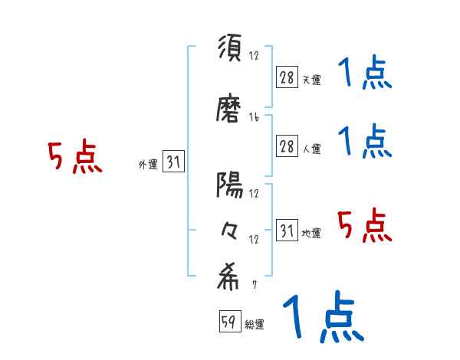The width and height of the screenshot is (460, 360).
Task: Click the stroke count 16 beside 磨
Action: click(x=254, y=117)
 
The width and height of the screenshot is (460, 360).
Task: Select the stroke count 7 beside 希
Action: click(x=254, y=285)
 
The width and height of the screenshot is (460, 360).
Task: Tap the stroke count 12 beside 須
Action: click(x=254, y=55)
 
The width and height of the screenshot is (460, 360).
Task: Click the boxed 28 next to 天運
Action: click(x=287, y=77)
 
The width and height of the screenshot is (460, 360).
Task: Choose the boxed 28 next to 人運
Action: click(x=287, y=147)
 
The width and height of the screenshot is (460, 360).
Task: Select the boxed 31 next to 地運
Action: click(x=287, y=231)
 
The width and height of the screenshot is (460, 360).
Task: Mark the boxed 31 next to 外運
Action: click(x=173, y=162)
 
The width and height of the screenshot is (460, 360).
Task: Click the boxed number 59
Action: click(x=228, y=322)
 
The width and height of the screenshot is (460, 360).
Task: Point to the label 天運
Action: click(x=311, y=80)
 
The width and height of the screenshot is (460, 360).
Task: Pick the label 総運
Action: click(x=255, y=325)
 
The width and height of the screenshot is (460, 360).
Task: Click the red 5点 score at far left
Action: click(x=74, y=158)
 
